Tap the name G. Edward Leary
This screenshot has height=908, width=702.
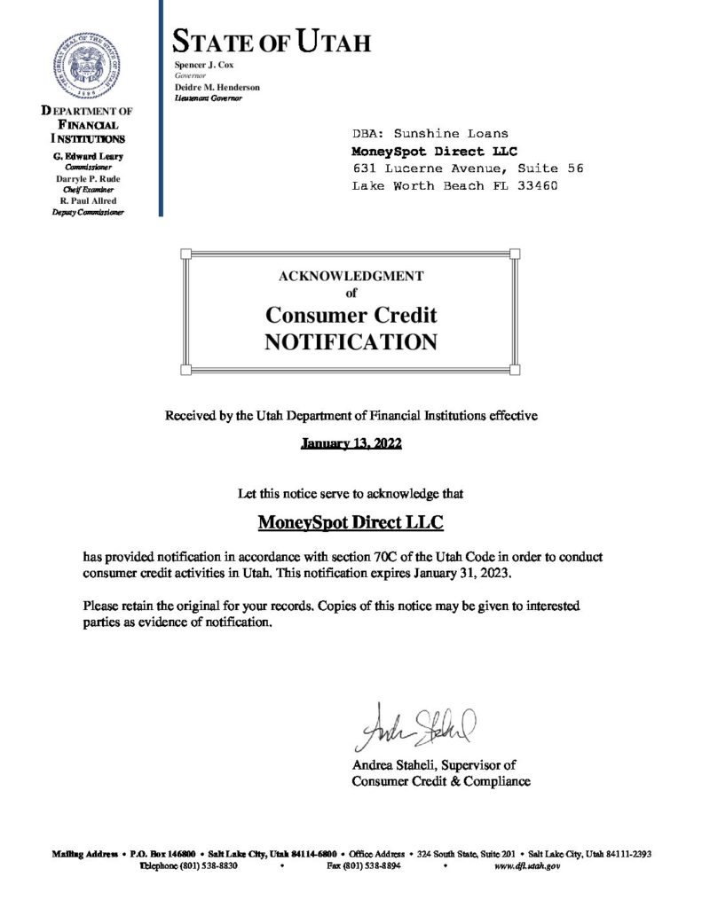87,156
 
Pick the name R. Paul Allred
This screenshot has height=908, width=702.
87,201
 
